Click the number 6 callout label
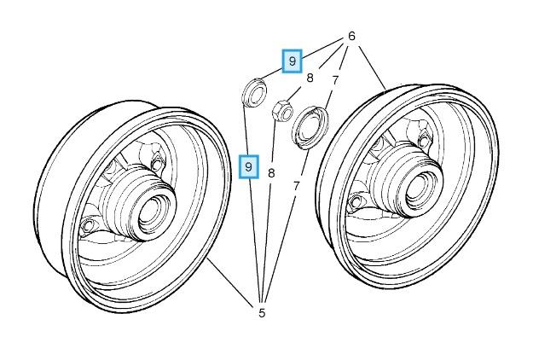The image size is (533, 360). (351, 38)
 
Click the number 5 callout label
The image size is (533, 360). (262, 313)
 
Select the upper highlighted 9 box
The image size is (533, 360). (293, 61)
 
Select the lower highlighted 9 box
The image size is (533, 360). (248, 165)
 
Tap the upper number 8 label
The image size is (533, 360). (310, 78)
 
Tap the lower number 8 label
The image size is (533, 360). (271, 173)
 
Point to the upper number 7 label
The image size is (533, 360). (335, 81)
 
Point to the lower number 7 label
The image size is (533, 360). (296, 184)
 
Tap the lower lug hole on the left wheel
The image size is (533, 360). (89, 224)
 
